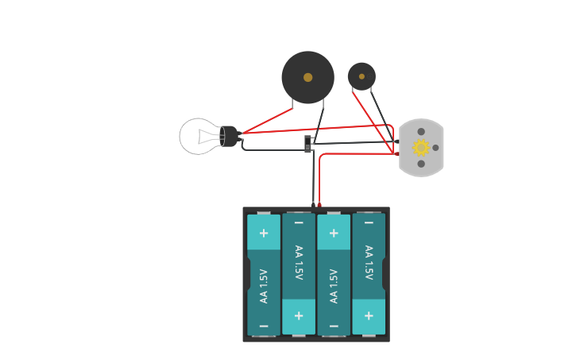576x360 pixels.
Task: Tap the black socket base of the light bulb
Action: [229, 137]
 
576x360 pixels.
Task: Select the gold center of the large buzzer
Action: [307, 77]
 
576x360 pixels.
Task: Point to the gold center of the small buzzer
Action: [361, 76]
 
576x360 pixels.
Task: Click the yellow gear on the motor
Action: [420, 147]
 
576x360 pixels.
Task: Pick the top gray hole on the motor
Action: [421, 132]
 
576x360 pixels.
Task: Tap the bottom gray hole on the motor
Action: [421, 164]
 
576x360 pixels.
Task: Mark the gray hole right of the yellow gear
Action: [435, 148]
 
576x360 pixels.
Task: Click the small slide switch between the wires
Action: [308, 144]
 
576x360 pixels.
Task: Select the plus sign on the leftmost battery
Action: [264, 233]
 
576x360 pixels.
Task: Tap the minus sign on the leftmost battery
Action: [264, 326]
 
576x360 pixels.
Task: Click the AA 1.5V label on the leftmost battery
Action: [264, 285]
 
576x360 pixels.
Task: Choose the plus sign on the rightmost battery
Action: [369, 315]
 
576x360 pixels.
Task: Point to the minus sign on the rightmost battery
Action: [369, 223]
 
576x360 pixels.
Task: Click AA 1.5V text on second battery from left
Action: [299, 262]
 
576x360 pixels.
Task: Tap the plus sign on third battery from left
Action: [334, 233]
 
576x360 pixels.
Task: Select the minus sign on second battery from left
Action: [299, 223]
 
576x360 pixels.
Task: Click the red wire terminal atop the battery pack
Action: [319, 205]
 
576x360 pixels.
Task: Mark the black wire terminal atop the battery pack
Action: [313, 205]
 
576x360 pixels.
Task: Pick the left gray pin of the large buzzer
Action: [292, 103]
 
